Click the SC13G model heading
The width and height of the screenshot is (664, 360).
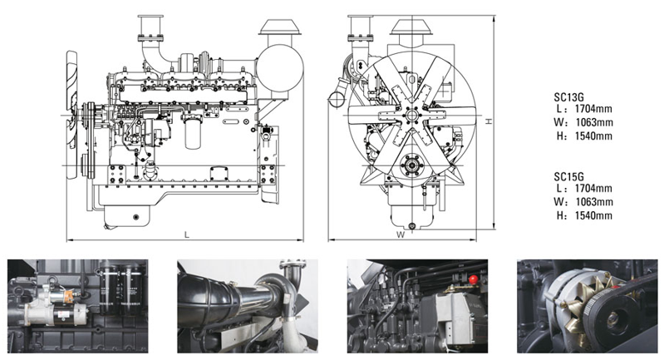[x=569, y=94]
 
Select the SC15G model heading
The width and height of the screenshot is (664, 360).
[x=569, y=176]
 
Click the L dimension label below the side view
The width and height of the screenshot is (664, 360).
[x=186, y=234]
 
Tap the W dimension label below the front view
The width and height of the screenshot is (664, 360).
[x=401, y=234]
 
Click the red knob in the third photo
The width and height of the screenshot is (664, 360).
[x=473, y=279]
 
